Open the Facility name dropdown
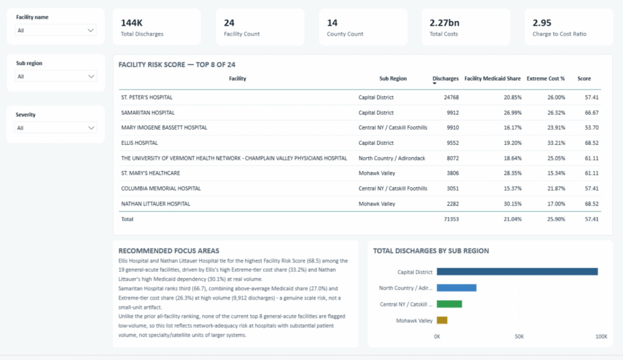[x=55, y=30]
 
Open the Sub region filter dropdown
[x=55, y=76]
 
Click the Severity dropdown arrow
[x=91, y=128]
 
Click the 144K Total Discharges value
[x=131, y=23]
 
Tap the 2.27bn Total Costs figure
[x=444, y=23]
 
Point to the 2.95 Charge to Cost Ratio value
[x=542, y=23]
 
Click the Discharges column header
[x=445, y=78]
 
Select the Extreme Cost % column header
[x=546, y=78]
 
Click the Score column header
[x=584, y=78]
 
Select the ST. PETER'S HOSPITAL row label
[x=147, y=97]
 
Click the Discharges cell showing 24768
[x=451, y=97]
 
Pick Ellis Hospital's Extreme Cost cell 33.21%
[x=556, y=143]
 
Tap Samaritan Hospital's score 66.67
[x=591, y=113]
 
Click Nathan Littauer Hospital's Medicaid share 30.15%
[x=512, y=204]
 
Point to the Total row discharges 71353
[x=451, y=220]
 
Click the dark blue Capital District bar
[x=517, y=271]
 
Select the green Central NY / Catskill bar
[x=450, y=304]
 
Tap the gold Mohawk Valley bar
[x=442, y=320]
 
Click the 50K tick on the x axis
[x=520, y=336]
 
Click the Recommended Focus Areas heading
[x=169, y=251]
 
